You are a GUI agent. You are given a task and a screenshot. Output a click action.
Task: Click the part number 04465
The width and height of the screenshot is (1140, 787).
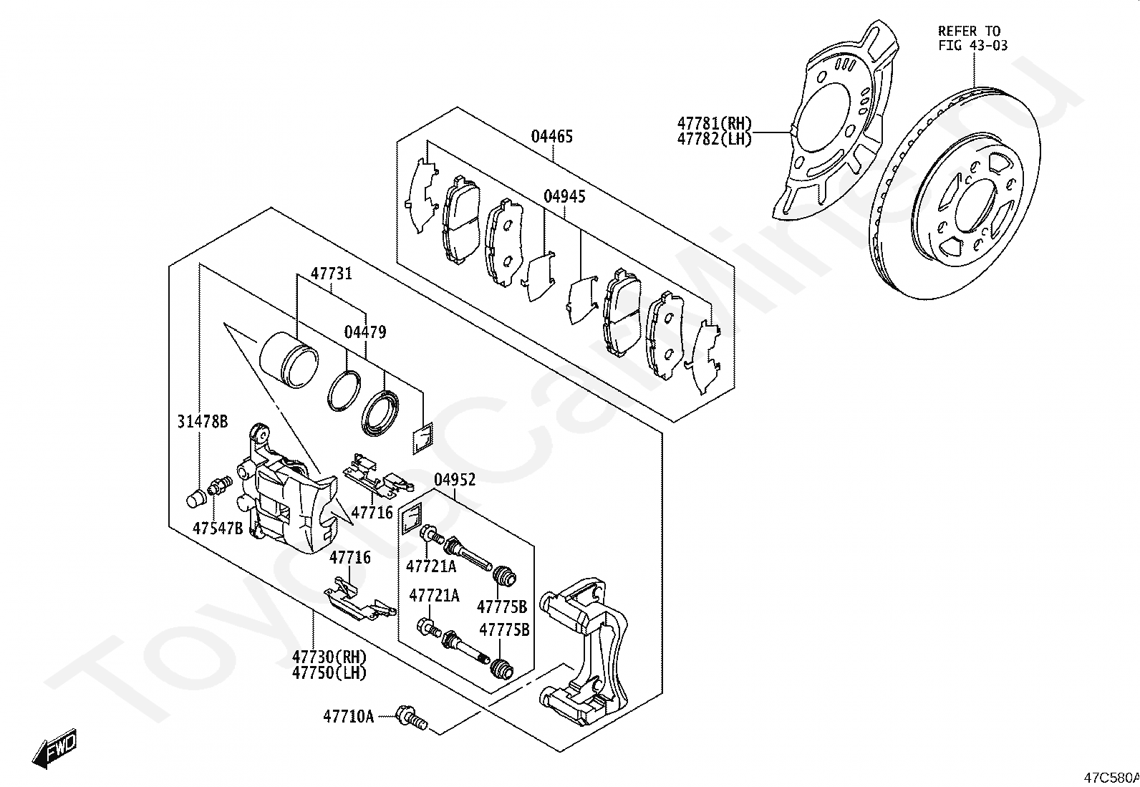coord(551,137)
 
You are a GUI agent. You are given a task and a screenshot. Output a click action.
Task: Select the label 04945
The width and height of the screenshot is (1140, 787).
coord(564,196)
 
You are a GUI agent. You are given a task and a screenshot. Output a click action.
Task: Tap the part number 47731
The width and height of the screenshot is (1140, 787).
coord(332,274)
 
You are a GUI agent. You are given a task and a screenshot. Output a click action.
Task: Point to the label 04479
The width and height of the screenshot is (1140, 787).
coord(365,332)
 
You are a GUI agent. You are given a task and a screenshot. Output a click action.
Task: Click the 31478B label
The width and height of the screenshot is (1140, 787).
coord(203,422)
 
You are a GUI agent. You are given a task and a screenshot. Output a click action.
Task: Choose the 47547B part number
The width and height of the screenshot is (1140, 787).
coord(217,528)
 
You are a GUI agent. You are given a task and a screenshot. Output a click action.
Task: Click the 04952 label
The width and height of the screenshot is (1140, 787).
coord(455,480)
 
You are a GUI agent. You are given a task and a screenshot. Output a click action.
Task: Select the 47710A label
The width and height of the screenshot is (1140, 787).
coord(348,717)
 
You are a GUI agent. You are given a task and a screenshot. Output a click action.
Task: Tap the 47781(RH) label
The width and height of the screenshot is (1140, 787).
coord(714,123)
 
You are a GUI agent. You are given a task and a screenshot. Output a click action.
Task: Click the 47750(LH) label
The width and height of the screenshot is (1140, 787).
coord(329,673)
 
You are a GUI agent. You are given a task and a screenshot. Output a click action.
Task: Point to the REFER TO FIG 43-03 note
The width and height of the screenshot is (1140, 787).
coord(972,38)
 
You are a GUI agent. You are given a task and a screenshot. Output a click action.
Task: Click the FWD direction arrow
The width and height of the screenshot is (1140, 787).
coord(54,748)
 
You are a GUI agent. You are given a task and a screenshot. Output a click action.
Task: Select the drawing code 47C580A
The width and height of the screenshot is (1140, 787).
coord(1111,778)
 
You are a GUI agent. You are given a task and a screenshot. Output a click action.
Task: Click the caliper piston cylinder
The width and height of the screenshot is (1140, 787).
coord(289,359)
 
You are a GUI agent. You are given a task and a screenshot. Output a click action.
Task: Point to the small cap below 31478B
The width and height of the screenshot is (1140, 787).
coord(195,498)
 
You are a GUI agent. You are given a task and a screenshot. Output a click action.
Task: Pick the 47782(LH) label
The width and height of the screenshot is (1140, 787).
coord(714,139)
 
